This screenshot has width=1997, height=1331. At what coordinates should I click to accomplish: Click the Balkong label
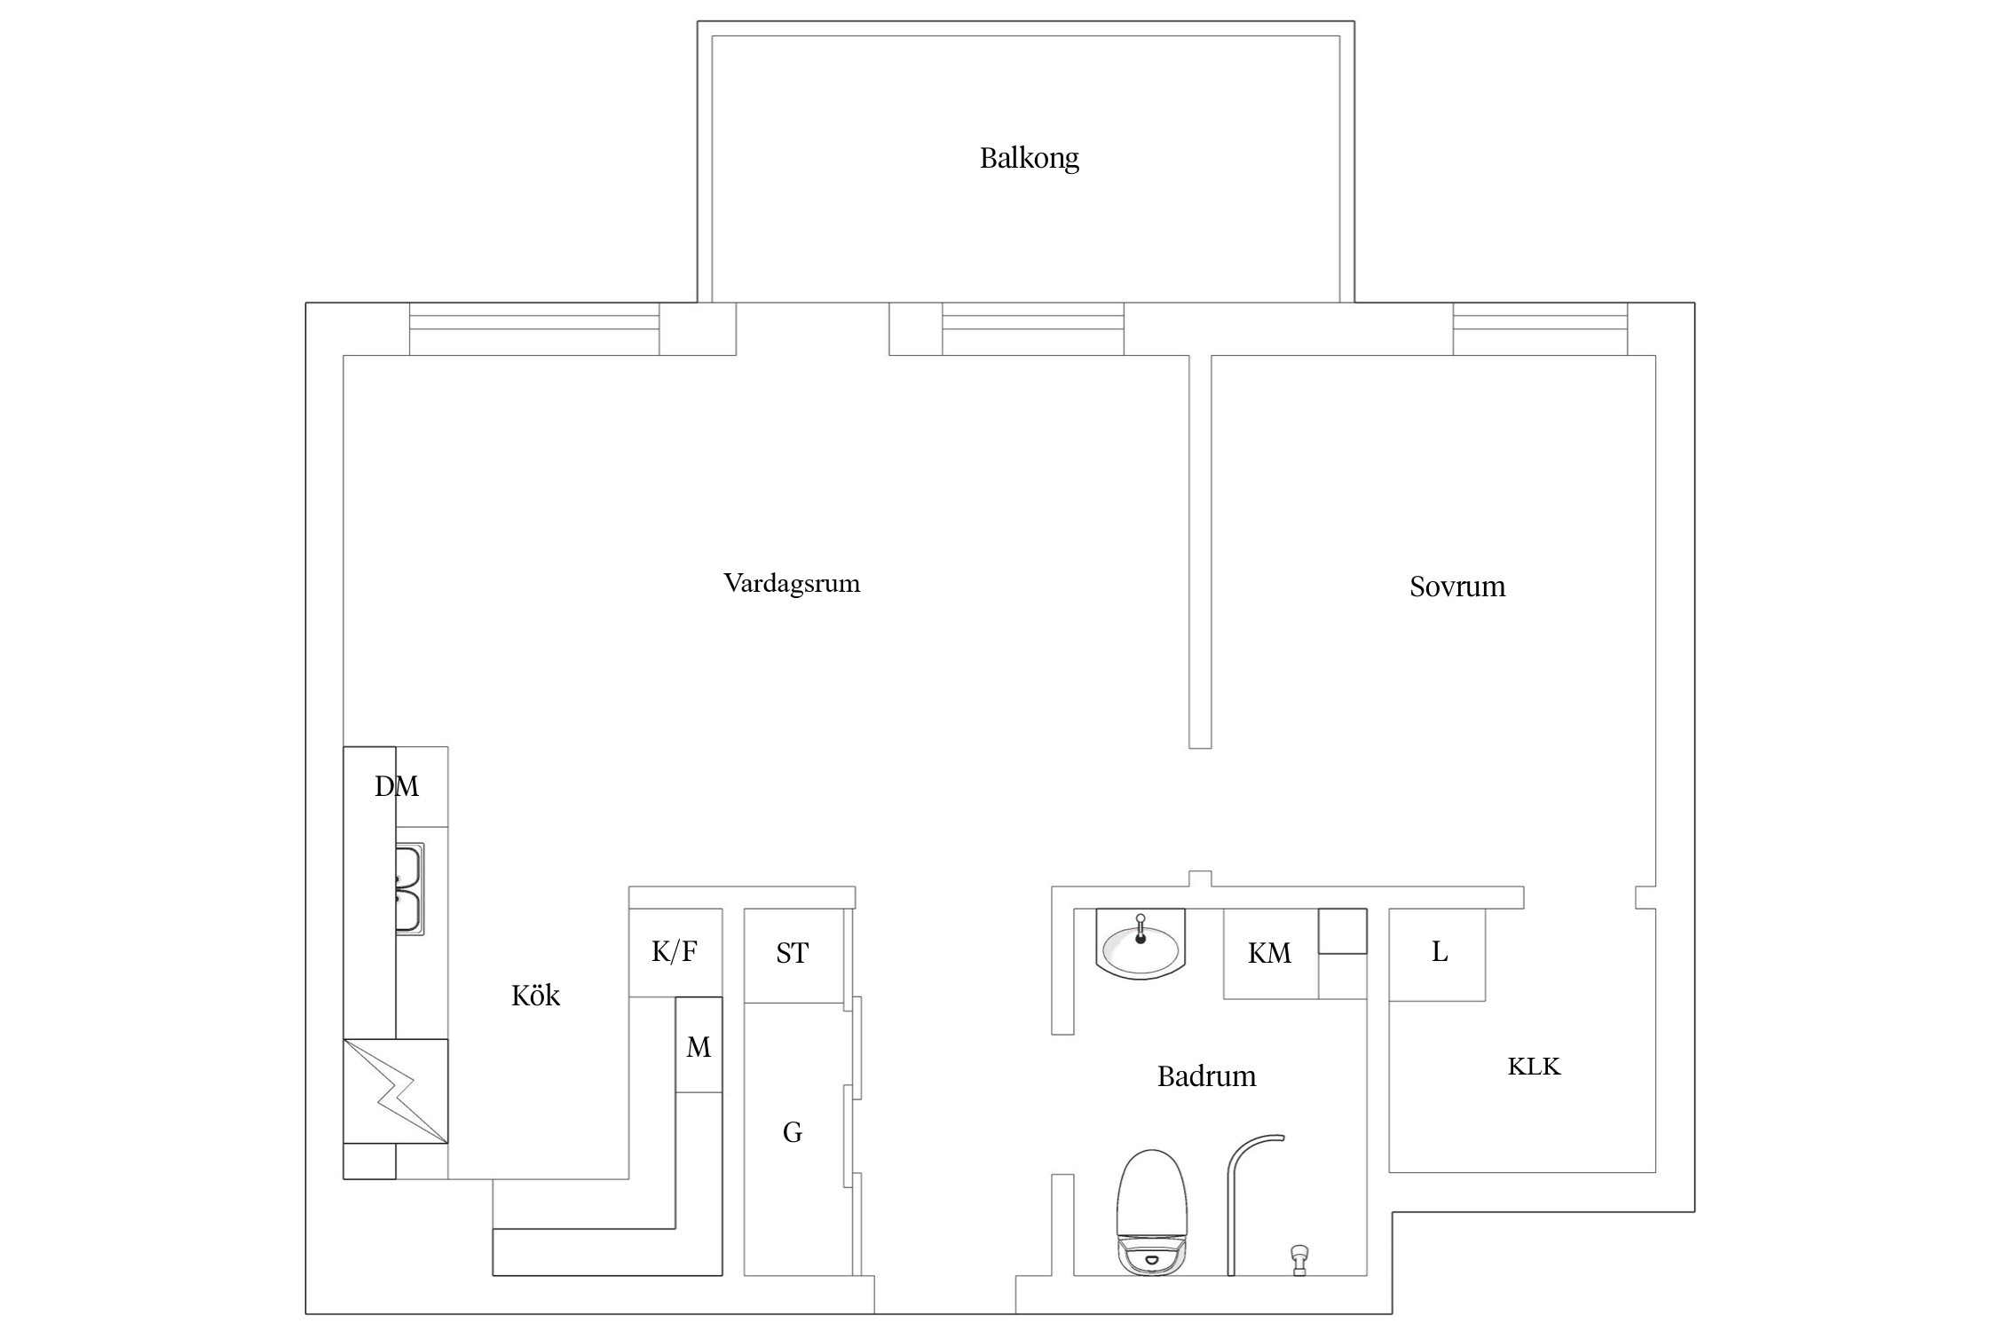coord(1029,159)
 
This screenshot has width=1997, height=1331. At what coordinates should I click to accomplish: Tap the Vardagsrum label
coord(792,584)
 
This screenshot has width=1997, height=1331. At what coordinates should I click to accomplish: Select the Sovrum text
coord(1457,587)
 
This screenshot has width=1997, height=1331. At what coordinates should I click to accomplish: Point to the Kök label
coord(535,996)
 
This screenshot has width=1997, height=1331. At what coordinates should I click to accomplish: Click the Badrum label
coord(1206,1076)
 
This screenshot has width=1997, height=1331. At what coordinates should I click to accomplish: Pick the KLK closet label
coord(1534,1066)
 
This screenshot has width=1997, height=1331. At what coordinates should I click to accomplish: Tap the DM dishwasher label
coord(396,786)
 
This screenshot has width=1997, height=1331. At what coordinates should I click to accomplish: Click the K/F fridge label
coord(675,952)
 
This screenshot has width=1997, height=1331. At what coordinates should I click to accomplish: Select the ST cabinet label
coord(792,953)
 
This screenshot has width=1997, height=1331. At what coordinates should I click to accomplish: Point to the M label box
coord(699,1047)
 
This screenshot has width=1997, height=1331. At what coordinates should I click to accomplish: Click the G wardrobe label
coord(792,1132)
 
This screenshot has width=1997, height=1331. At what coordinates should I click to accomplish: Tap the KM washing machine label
coord(1269,954)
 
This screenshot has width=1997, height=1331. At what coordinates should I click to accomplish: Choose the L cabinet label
coord(1440,952)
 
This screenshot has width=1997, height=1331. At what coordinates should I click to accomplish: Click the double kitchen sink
coord(409,889)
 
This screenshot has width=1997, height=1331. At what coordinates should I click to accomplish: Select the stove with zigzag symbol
coord(396,1091)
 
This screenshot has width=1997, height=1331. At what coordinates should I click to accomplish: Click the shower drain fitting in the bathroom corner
coord(1299,1258)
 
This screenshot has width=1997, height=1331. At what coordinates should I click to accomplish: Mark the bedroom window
coord(1540,329)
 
